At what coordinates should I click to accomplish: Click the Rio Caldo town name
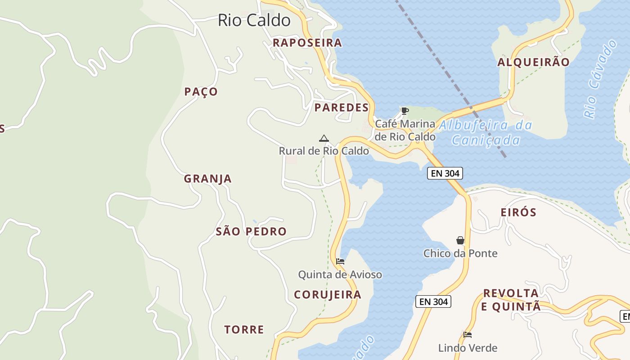pyautogui.click(x=254, y=20)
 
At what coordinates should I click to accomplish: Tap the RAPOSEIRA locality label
pyautogui.click(x=307, y=43)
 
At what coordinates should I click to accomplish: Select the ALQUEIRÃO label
pyautogui.click(x=533, y=62)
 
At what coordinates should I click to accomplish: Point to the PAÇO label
pyautogui.click(x=201, y=92)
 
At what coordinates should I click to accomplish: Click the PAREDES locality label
pyautogui.click(x=342, y=108)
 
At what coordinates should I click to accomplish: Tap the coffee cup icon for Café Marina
pyautogui.click(x=405, y=111)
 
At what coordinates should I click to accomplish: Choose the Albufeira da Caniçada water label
pyautogui.click(x=485, y=133)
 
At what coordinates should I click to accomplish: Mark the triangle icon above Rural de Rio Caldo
pyautogui.click(x=324, y=138)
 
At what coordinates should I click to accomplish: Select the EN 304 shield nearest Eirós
pyautogui.click(x=445, y=173)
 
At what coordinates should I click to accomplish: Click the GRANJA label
pyautogui.click(x=207, y=179)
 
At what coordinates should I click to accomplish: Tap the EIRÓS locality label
pyautogui.click(x=518, y=212)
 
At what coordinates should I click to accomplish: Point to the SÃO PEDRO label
pyautogui.click(x=251, y=232)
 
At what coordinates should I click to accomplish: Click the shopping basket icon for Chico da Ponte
pyautogui.click(x=460, y=241)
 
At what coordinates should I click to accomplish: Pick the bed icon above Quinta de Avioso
pyautogui.click(x=340, y=261)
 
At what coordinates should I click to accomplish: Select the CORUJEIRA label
pyautogui.click(x=328, y=295)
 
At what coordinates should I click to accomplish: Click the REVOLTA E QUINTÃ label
pyautogui.click(x=511, y=300)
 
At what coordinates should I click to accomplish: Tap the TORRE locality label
pyautogui.click(x=244, y=330)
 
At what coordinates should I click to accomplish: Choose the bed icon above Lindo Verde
pyautogui.click(x=468, y=335)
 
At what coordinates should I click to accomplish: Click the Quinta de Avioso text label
pyautogui.click(x=340, y=274)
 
